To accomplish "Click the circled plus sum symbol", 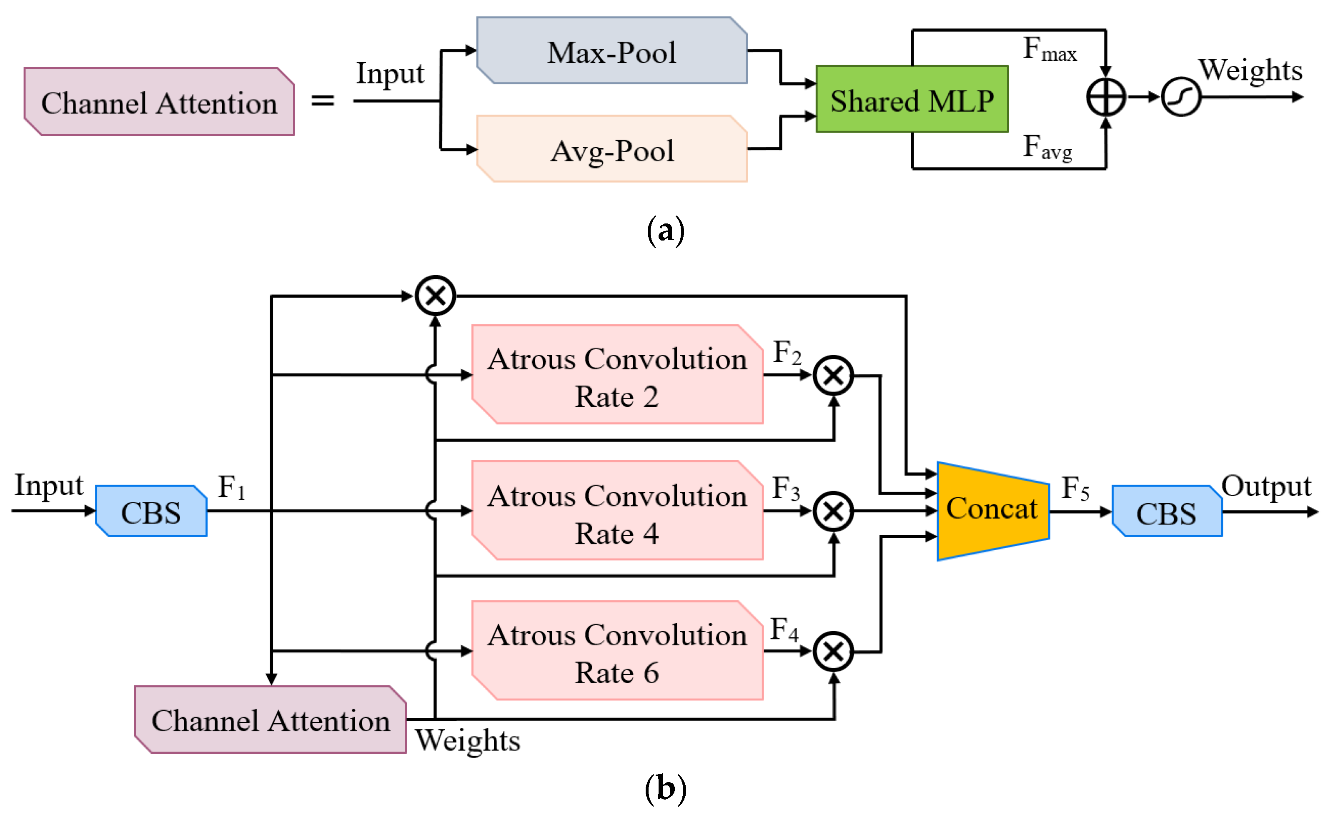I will [1105, 98].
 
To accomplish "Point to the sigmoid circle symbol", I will [1180, 98].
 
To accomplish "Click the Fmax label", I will [1049, 49].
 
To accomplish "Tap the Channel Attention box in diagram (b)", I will [270, 720].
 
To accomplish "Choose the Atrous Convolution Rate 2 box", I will [617, 375].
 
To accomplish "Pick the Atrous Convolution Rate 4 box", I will [617, 511].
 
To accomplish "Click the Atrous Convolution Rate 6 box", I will [617, 651].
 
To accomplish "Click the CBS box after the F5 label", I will [1166, 512].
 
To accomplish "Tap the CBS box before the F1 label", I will [151, 511].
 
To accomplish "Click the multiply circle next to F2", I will [833, 375].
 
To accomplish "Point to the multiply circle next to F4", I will [833, 652].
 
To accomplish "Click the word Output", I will [1265, 486].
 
